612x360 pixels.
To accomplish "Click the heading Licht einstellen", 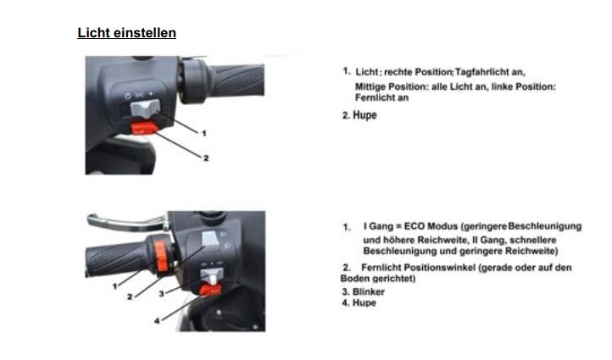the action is tap(127, 33).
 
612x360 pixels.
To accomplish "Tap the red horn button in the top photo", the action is tap(144, 128).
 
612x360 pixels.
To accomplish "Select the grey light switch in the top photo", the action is tap(145, 108).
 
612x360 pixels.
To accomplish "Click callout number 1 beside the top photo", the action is tap(203, 133).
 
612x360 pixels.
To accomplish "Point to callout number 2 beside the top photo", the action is tap(206, 158).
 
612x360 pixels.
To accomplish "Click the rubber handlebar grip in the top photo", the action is tap(237, 81).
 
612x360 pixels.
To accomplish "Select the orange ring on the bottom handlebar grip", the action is tap(161, 256).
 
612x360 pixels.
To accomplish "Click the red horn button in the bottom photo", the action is tap(210, 290).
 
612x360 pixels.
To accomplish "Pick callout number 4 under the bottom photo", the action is tap(157, 321).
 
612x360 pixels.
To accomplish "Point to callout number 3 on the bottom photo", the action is tap(162, 293).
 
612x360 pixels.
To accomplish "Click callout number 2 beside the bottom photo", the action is tap(130, 297).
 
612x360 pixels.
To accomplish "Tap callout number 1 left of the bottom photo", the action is tap(114, 286).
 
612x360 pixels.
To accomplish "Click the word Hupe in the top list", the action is tap(365, 115).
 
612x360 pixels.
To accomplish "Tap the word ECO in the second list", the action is tap(414, 226).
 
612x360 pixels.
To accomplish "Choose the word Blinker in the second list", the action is tap(369, 291).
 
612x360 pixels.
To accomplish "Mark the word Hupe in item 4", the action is tap(364, 302).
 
